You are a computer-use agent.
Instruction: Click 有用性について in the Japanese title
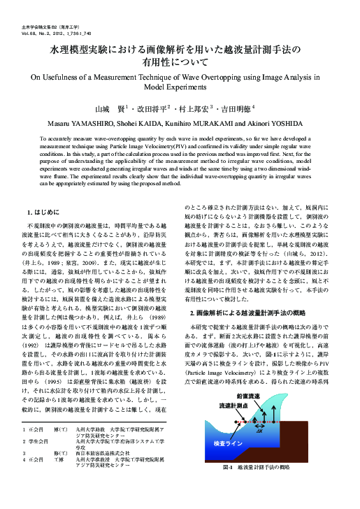[x=180, y=63]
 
